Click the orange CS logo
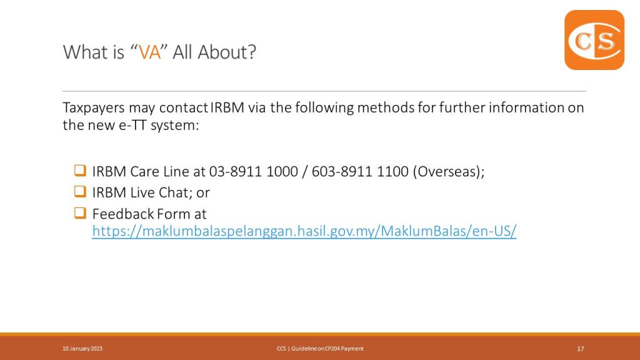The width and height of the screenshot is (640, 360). coord(594,40)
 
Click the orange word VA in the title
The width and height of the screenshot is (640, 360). coord(150,52)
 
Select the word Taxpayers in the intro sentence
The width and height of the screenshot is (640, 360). coord(94,108)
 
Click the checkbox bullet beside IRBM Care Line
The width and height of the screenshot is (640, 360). coord(80,170)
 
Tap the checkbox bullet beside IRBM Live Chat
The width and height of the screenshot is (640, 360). coord(80,191)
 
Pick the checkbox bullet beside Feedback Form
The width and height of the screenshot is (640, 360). coord(80,212)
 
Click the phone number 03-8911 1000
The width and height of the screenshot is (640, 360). coord(254,171)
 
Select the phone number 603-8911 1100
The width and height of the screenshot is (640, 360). coord(360,171)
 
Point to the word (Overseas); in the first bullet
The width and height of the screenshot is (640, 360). coord(449,172)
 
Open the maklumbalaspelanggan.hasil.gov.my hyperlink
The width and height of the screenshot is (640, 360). coord(304,231)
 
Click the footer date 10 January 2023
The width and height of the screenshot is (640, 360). coord(82,349)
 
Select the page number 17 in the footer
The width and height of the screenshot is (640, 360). coord(581,349)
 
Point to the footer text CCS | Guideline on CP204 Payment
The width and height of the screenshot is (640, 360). coord(320,349)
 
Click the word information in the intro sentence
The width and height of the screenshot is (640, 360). coord(526,107)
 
